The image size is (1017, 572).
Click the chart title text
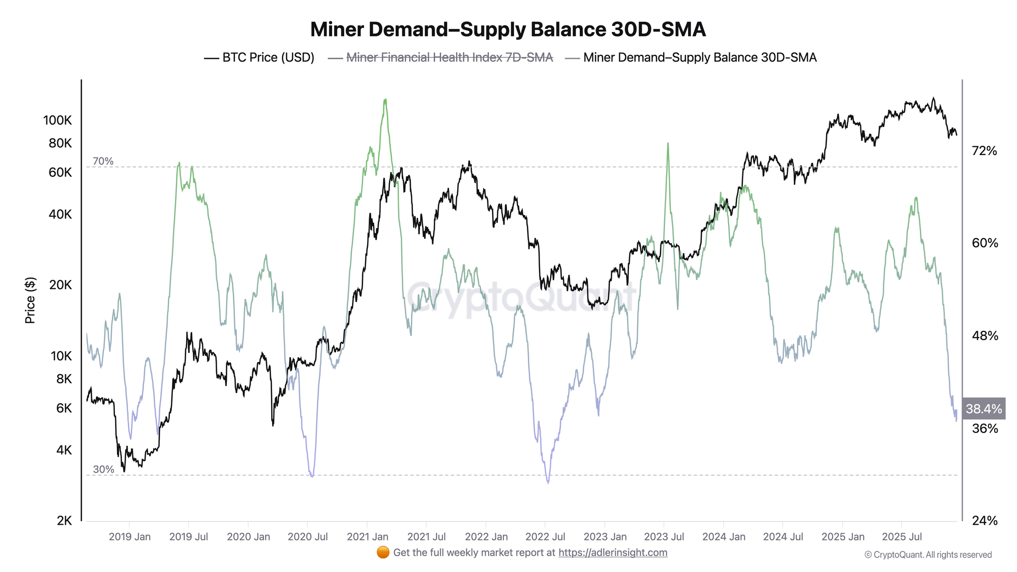click(507, 29)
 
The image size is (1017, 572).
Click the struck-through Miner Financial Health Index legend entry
click(440, 57)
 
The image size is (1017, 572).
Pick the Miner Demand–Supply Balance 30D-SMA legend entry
click(691, 57)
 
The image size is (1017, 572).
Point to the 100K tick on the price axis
click(57, 121)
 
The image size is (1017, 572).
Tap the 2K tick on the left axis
click(64, 521)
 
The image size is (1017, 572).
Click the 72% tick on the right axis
click(984, 151)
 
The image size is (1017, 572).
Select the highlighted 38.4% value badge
click(983, 409)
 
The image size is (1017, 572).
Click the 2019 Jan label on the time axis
click(130, 537)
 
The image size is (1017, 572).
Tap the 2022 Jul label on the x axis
click(545, 537)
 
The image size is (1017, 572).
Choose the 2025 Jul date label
click(902, 537)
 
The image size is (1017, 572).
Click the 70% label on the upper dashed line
click(103, 161)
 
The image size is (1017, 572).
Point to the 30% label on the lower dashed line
click(103, 469)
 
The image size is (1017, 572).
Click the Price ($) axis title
click(31, 300)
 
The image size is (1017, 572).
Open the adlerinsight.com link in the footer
click(613, 553)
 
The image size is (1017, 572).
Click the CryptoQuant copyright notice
click(928, 555)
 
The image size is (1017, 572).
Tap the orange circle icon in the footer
click(383, 553)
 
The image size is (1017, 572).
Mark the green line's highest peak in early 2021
click(385, 100)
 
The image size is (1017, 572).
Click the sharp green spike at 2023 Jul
click(667, 143)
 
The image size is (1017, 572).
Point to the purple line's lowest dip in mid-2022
click(548, 483)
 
